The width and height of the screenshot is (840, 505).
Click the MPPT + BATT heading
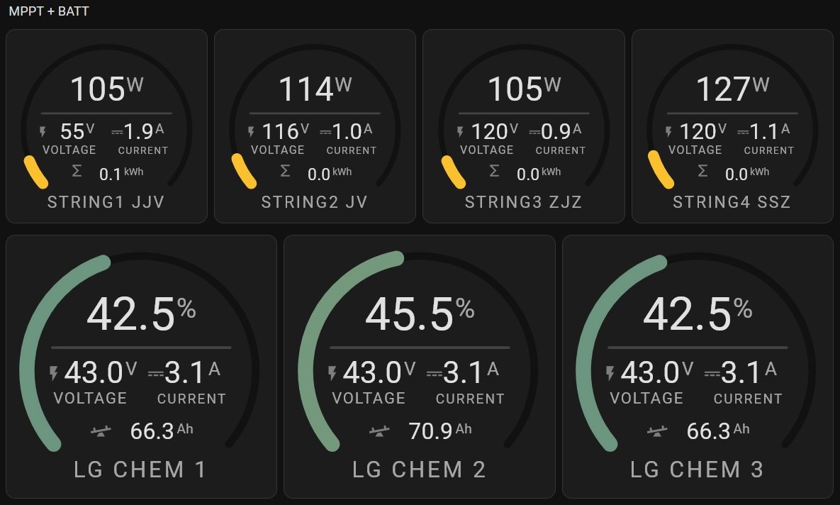click(x=49, y=11)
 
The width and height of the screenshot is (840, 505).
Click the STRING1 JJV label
click(x=106, y=202)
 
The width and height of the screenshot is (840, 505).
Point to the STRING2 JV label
click(x=314, y=202)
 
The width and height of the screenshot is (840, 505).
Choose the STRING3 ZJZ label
click(x=523, y=202)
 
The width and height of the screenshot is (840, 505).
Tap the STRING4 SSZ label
click(x=732, y=202)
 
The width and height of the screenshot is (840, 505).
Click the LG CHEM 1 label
click(x=140, y=470)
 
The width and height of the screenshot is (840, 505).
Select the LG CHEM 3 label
click(x=697, y=470)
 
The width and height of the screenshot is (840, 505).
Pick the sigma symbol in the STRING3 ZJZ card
click(x=494, y=172)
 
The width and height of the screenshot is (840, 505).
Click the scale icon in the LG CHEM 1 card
click(x=101, y=431)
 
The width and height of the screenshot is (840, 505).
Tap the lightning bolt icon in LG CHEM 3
click(x=610, y=373)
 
